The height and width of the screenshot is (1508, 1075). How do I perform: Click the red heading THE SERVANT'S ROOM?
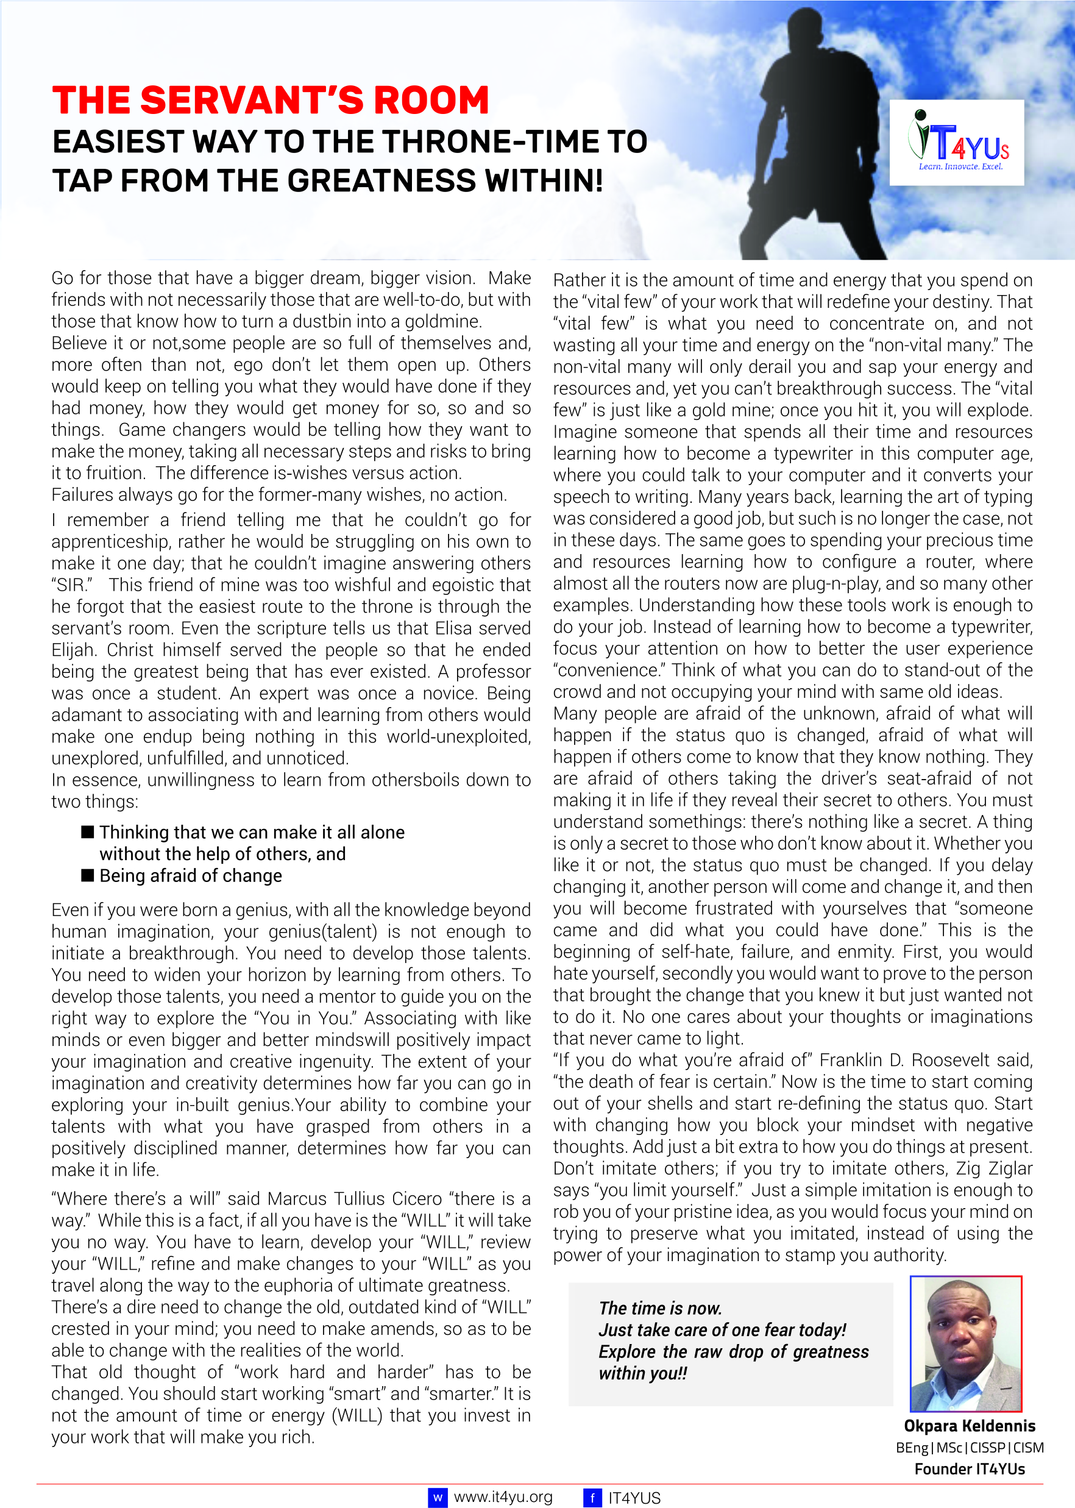coord(270,101)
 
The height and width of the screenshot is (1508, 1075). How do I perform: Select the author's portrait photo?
coord(965,1343)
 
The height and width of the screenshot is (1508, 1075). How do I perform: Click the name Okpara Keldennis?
coord(969,1426)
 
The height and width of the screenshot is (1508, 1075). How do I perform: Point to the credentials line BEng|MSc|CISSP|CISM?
coord(969,1448)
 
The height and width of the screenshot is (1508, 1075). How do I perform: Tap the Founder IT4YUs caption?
coord(969,1469)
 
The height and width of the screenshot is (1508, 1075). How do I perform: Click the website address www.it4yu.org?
coord(503,1497)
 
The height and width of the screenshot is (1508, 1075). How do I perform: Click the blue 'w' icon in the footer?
coord(438,1498)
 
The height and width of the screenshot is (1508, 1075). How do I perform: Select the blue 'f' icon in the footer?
coord(592,1498)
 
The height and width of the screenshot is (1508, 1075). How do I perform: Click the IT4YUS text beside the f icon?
coord(634,1498)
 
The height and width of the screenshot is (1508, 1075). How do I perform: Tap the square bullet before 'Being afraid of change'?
coord(87,875)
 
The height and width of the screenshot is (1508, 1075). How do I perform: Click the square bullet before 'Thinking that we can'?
coord(87,832)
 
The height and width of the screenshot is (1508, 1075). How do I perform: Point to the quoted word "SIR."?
coord(71,585)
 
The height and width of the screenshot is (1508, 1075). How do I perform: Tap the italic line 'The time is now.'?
coord(660,1308)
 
